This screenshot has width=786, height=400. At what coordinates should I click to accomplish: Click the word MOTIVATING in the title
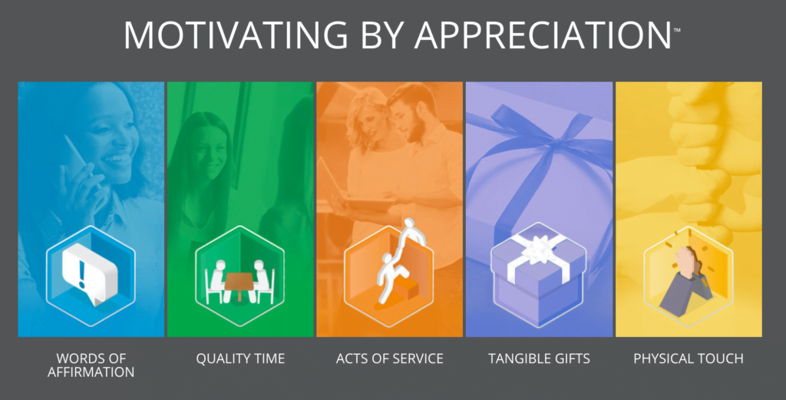(x=236, y=35)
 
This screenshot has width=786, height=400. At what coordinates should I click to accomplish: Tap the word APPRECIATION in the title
(x=543, y=35)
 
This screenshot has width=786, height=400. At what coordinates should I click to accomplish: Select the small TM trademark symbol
(x=677, y=30)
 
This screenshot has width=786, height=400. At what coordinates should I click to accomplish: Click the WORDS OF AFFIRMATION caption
(x=91, y=365)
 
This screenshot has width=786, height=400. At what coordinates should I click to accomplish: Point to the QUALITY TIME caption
(x=240, y=359)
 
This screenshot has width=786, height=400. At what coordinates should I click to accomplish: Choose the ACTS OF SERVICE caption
(x=389, y=359)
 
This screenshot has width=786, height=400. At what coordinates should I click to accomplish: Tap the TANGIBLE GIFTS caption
(x=539, y=359)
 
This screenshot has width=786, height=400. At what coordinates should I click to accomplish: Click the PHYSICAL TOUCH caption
(x=689, y=359)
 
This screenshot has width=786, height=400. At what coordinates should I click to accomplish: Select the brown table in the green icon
(x=239, y=284)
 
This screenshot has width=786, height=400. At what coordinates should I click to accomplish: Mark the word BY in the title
(x=381, y=35)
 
